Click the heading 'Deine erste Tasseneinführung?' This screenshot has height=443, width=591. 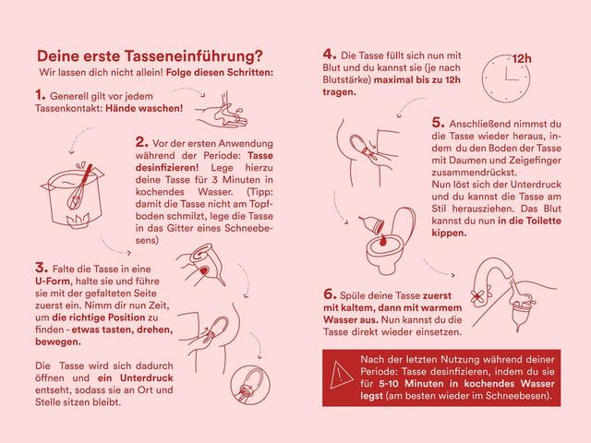(x=148, y=54)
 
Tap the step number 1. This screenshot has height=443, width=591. (x=40, y=94)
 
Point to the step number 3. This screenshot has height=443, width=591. (x=41, y=267)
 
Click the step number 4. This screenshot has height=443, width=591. (x=328, y=54)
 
